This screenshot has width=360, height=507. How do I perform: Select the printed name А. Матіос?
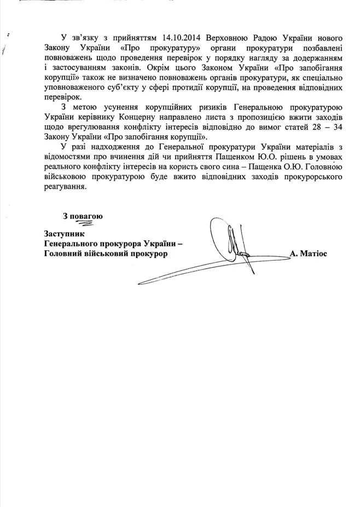(309, 254)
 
